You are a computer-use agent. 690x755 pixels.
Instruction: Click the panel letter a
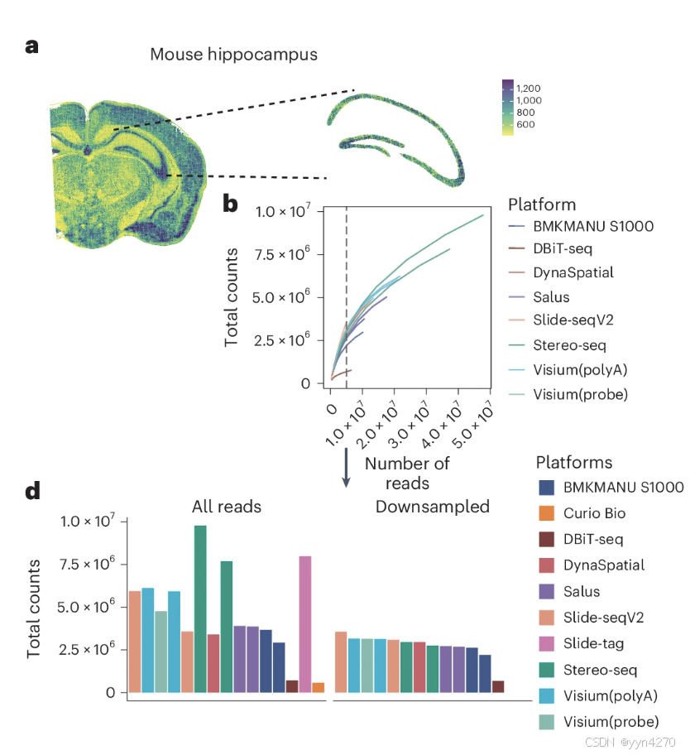pos(32,46)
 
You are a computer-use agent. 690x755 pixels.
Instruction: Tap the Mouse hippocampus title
pos(234,55)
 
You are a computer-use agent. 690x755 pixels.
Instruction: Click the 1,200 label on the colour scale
pos(529,88)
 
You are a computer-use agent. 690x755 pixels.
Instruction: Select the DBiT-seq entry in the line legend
pos(563,248)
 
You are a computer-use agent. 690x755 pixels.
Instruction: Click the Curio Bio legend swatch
pos(546,513)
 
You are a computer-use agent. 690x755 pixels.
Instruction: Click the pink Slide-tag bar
pos(304,628)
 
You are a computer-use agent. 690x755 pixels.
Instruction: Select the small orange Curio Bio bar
pos(318,688)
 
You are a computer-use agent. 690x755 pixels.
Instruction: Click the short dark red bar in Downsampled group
pos(498,686)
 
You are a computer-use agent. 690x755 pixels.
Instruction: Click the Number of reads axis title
pos(407,474)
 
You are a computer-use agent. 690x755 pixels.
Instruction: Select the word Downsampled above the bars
pos(433,507)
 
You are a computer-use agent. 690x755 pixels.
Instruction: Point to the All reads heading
pos(226,506)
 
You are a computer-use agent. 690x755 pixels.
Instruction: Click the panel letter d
pos(33,491)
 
